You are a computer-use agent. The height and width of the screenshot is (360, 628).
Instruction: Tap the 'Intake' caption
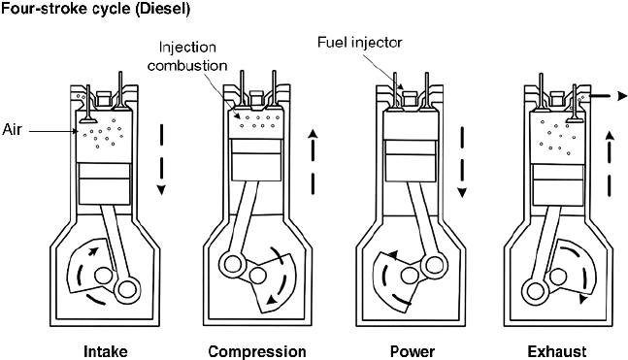104,350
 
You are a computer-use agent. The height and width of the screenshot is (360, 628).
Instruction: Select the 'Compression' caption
257,350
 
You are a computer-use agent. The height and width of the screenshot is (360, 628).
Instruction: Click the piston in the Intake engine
105,182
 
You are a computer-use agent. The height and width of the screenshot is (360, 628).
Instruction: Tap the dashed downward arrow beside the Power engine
463,159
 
